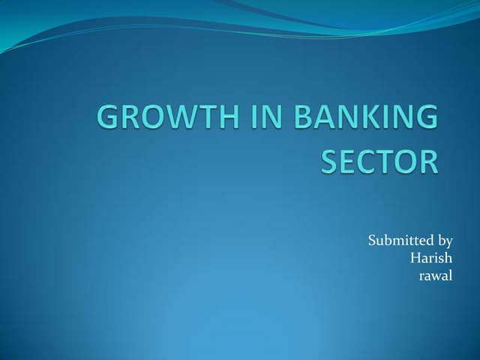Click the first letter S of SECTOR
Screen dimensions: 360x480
tap(329, 161)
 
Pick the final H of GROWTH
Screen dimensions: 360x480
tap(232, 121)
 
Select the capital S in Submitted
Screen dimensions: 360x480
tap(372, 241)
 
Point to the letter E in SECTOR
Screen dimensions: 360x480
tap(349, 161)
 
